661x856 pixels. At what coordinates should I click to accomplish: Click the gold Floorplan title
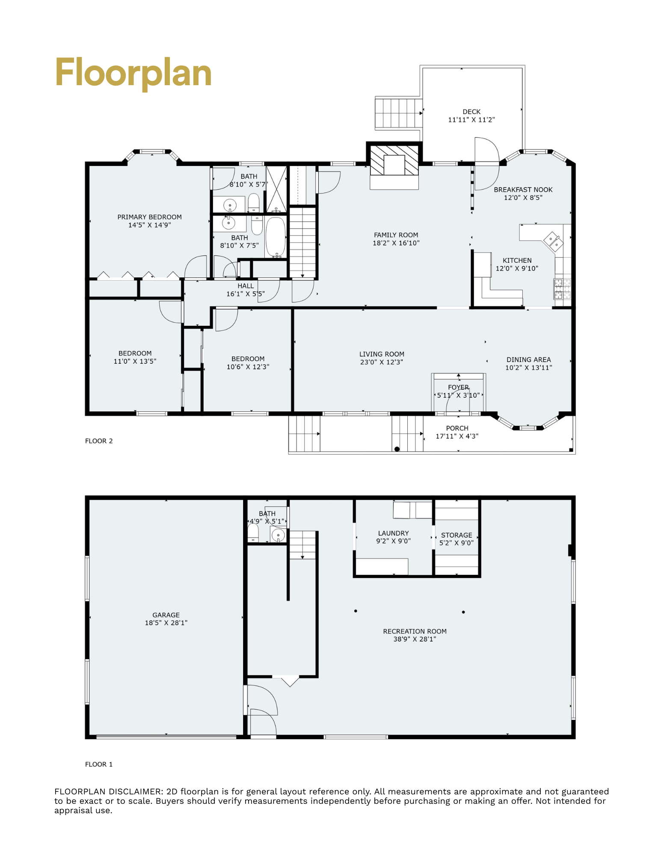[133, 73]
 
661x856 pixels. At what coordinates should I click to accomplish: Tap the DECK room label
[471, 112]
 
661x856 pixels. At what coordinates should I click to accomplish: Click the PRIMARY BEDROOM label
[150, 217]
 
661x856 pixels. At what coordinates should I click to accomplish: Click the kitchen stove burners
[562, 289]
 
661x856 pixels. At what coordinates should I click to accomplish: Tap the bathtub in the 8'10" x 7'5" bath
[276, 237]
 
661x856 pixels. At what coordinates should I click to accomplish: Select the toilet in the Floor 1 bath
[253, 533]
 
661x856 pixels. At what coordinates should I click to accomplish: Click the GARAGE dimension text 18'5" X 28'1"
[166, 623]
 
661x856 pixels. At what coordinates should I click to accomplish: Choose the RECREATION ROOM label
[415, 631]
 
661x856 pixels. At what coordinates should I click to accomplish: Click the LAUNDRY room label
[393, 533]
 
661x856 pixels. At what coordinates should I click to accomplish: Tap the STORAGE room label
[456, 535]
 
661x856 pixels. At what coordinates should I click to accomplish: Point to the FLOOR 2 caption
[99, 441]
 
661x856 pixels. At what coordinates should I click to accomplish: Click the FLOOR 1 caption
[99, 764]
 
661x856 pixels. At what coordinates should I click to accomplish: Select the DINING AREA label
[529, 360]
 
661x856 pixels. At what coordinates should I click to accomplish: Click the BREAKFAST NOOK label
[523, 190]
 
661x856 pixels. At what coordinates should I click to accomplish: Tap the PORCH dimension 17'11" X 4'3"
[457, 436]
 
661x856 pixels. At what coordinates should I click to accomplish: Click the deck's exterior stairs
[399, 113]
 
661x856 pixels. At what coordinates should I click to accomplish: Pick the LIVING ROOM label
[382, 354]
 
